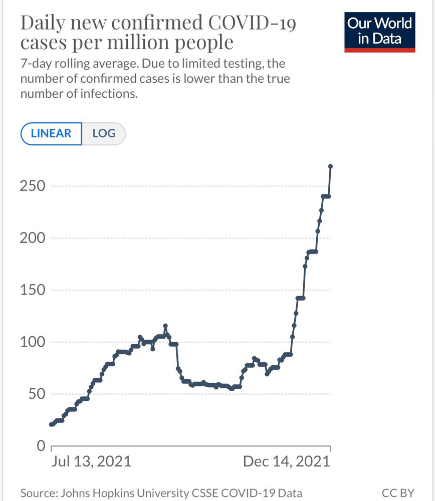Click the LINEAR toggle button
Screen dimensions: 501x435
pos(51,134)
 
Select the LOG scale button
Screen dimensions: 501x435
pos(104,134)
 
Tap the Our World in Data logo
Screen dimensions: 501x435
pos(380,31)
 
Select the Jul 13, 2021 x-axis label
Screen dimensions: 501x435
pos(91,461)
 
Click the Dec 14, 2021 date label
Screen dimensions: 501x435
pos(286,461)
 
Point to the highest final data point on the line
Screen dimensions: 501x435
pos(331,166)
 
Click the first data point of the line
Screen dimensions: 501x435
pos(51,424)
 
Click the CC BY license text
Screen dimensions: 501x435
pos(398,493)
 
